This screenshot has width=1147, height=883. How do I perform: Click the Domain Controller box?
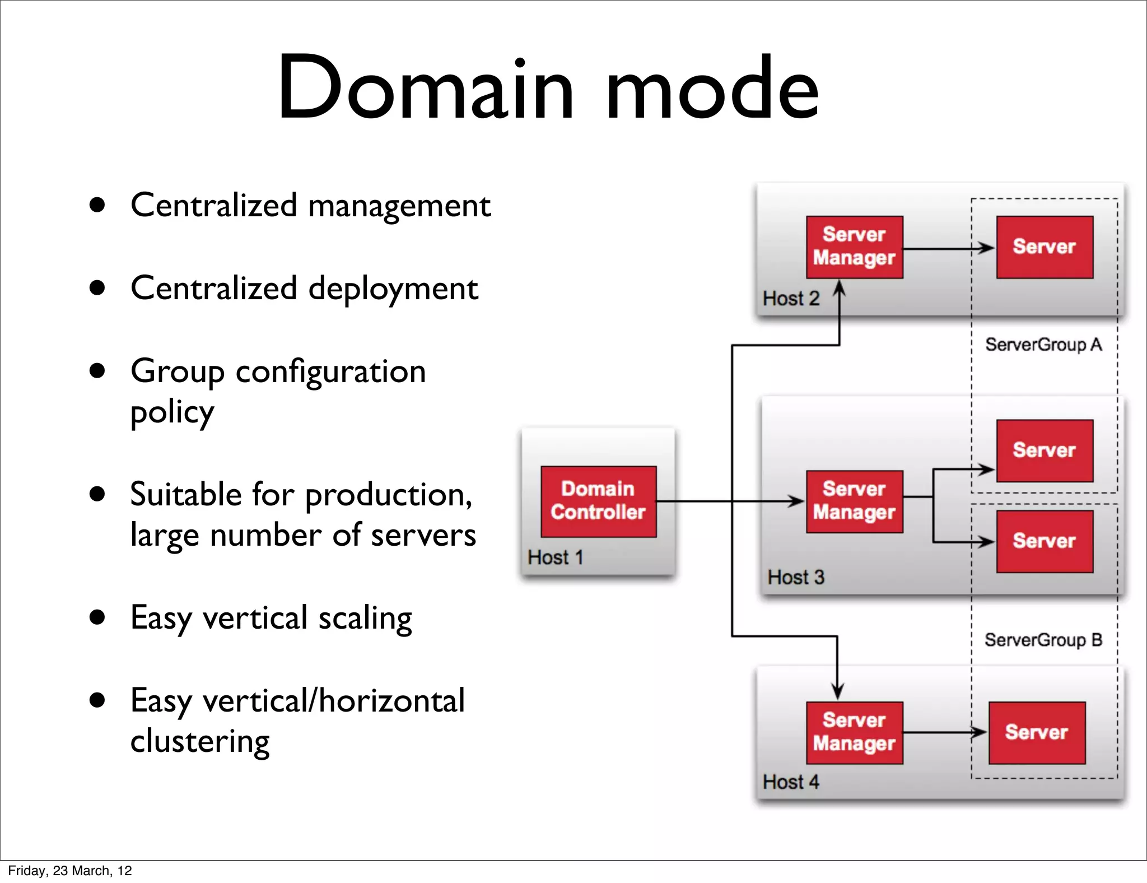click(598, 501)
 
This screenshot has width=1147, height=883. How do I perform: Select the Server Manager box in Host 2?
click(854, 247)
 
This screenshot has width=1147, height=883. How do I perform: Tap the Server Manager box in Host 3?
click(854, 501)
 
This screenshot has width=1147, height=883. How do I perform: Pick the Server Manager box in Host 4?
click(854, 732)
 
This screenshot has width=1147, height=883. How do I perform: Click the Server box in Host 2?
click(1045, 247)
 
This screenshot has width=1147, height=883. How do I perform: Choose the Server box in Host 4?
click(1037, 732)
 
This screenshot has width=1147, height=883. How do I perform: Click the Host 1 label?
click(555, 557)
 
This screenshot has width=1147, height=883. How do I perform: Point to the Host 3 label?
click(795, 577)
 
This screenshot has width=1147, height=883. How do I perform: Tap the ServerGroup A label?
click(1043, 345)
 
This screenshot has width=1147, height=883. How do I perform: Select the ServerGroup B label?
click(1043, 640)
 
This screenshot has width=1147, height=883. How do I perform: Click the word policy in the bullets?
click(172, 413)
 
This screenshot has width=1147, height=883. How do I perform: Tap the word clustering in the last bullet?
click(200, 742)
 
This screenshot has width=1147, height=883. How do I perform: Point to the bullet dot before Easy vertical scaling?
click(97, 617)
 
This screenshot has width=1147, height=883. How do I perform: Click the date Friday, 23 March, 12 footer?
click(70, 870)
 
